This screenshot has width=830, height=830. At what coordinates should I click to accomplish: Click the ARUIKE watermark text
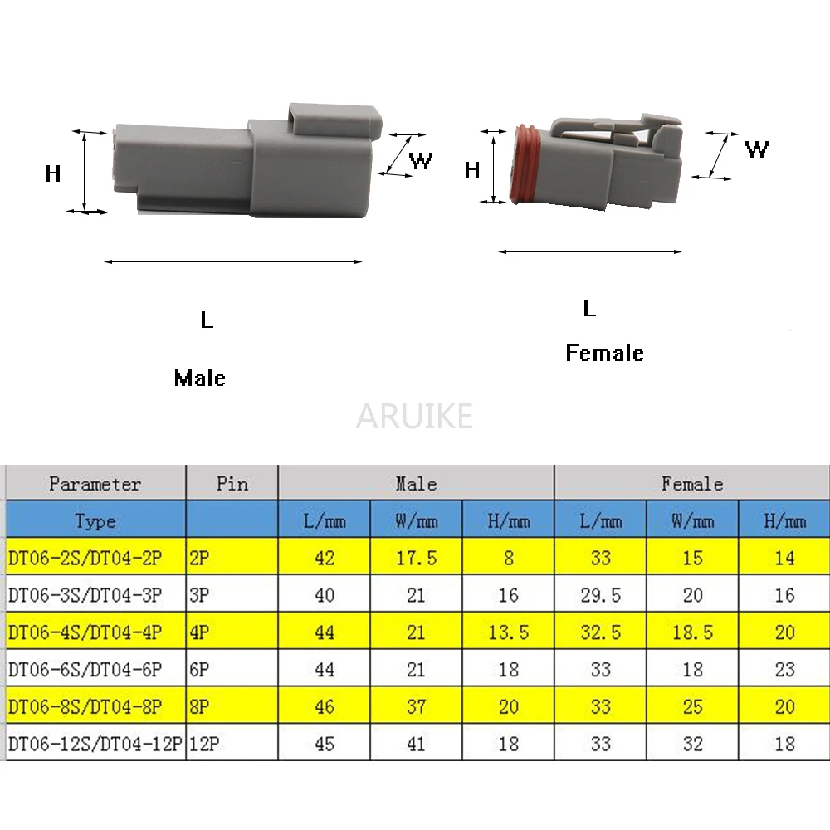point(414,416)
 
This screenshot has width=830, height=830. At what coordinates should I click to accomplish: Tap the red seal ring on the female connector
point(525,164)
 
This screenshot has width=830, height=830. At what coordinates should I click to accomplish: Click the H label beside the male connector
point(53,173)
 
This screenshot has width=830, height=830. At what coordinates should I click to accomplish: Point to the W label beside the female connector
point(756,149)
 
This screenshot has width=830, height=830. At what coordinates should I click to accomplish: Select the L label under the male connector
point(207,320)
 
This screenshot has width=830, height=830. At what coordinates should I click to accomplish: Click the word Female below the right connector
point(604,353)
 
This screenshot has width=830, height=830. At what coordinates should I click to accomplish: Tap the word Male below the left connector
point(199,378)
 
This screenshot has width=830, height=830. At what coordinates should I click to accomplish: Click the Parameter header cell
point(95,483)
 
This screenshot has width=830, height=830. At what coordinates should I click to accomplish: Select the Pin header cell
point(232,483)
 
